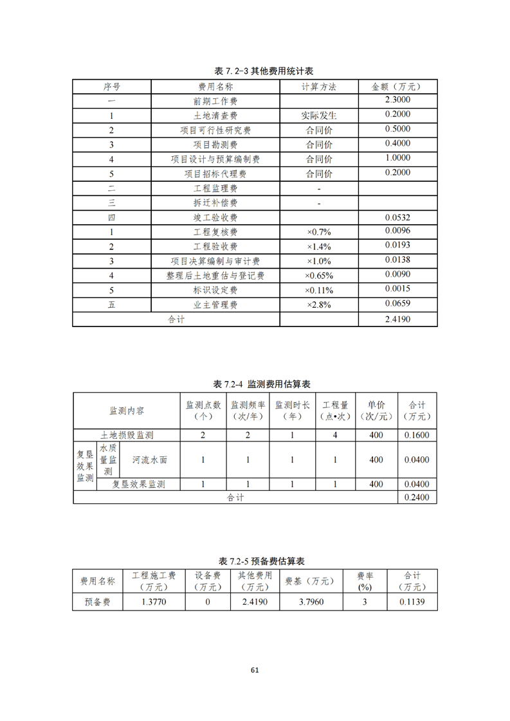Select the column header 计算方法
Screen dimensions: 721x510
(318, 87)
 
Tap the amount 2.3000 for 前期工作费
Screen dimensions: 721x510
(397, 100)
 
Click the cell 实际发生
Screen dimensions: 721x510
(318, 116)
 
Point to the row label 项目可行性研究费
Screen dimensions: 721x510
(215, 130)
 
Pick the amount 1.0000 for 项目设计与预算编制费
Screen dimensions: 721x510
(397, 158)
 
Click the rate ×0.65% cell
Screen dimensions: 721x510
(318, 276)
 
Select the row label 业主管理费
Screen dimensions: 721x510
(215, 305)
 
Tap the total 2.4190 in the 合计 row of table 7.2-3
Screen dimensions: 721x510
(397, 319)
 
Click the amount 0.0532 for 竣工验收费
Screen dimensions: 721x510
(397, 217)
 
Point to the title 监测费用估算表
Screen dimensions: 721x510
(262, 384)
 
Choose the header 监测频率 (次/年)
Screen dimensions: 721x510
(248, 411)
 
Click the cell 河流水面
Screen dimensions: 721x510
(150, 459)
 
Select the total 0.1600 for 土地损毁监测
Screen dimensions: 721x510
(417, 435)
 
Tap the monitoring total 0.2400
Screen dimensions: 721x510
(417, 497)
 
